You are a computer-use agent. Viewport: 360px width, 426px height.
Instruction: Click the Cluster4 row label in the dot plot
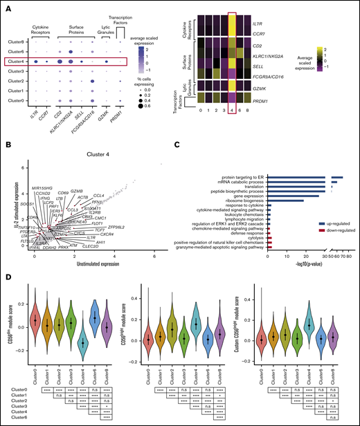(15, 62)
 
